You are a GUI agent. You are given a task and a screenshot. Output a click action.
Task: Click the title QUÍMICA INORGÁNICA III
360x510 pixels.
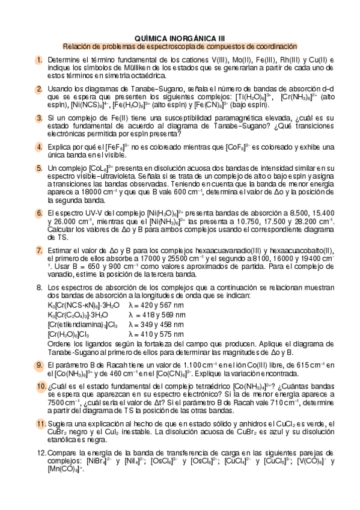click(x=180, y=37)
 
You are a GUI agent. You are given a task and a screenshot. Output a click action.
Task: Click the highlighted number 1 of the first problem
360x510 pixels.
click(x=39, y=60)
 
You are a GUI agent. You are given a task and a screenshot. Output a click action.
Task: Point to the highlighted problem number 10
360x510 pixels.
click(x=40, y=386)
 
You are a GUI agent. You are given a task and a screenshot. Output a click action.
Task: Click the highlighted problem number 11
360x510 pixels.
click(x=40, y=425)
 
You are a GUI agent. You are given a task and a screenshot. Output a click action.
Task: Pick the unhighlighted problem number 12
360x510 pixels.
click(x=40, y=452)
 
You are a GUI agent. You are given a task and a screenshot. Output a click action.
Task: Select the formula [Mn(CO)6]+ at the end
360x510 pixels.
click(x=67, y=469)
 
